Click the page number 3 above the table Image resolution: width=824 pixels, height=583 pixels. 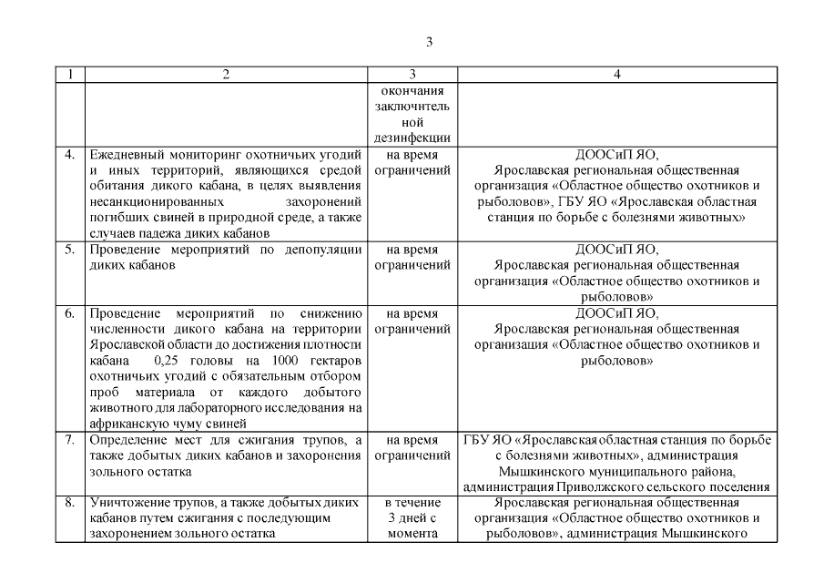pos(429,42)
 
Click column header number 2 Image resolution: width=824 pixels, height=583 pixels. pos(226,75)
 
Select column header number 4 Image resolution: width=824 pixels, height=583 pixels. pos(616,75)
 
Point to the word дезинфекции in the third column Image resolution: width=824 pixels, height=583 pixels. pos(412,138)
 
